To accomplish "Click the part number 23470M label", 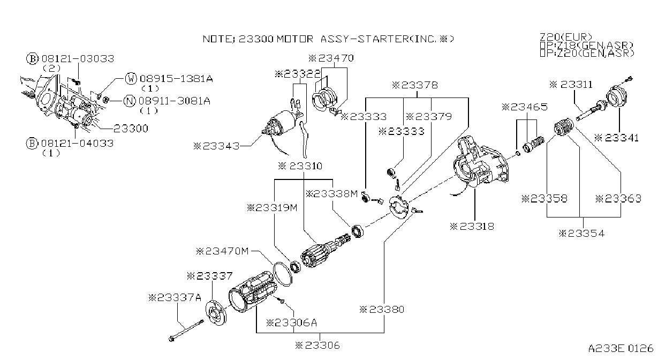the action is [x=222, y=251].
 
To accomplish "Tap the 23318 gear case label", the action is [x=472, y=226].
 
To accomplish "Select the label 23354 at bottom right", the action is [x=581, y=234].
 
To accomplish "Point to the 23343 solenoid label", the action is [x=216, y=146].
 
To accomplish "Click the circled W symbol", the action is [x=131, y=78].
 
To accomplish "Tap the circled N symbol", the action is [x=130, y=101].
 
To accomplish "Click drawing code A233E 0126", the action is [x=621, y=348].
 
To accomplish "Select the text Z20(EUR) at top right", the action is [x=566, y=37].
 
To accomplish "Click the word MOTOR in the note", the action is [x=295, y=39].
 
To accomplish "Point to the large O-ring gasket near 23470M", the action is [x=283, y=274].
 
